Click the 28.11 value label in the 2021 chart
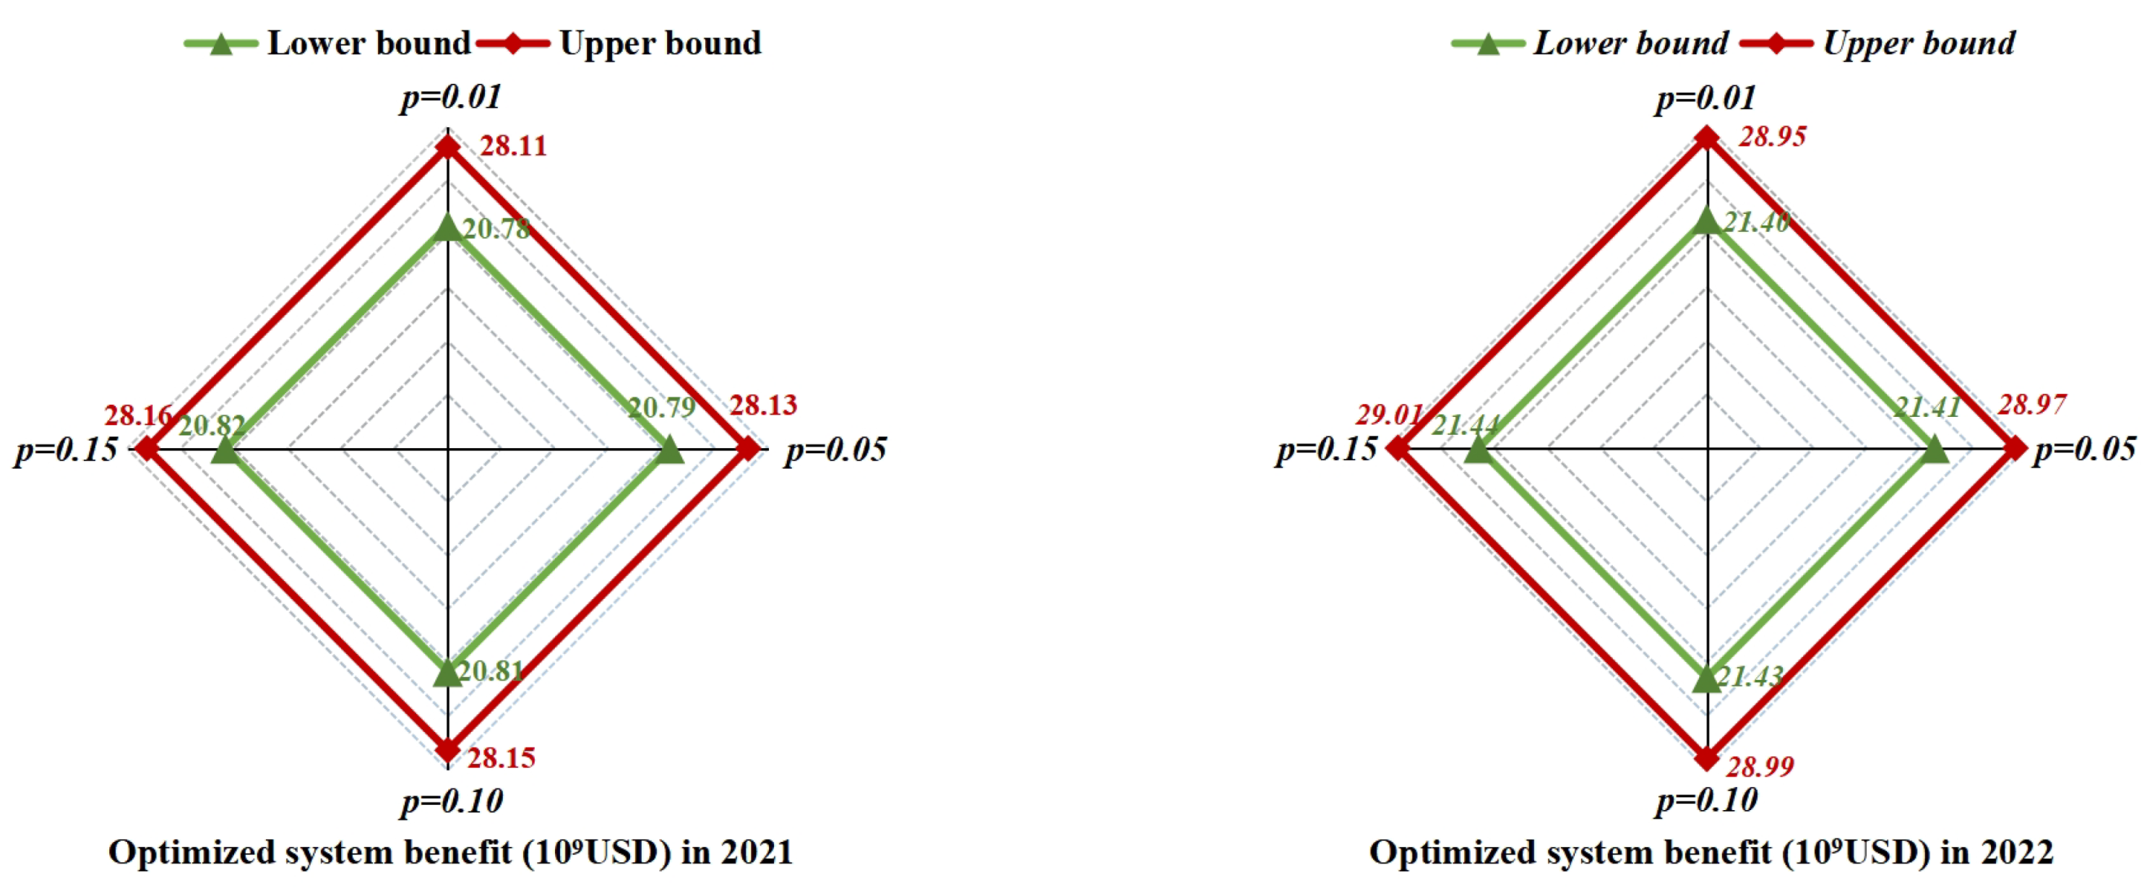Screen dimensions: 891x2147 pyautogui.click(x=513, y=146)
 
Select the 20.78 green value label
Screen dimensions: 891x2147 pyautogui.click(x=496, y=228)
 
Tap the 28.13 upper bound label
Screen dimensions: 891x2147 pyautogui.click(x=763, y=405)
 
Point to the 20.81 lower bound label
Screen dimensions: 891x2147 pyautogui.click(x=490, y=671)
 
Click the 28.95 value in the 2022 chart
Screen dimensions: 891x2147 pyautogui.click(x=1772, y=137)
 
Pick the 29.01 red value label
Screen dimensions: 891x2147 pyautogui.click(x=1388, y=414)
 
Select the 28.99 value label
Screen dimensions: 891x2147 pyautogui.click(x=1760, y=766)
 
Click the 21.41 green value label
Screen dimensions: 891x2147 pyautogui.click(x=1926, y=407)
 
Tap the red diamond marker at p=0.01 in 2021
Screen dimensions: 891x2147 pyautogui.click(x=448, y=147)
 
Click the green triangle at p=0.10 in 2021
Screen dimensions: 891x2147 pyautogui.click(x=448, y=672)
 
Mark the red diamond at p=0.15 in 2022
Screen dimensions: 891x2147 pyautogui.click(x=1398, y=449)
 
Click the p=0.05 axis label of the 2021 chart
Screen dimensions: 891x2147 pyautogui.click(x=835, y=449)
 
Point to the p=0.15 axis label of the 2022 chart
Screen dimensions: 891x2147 pyautogui.click(x=1325, y=449)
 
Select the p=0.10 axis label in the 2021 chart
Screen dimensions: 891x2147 pyautogui.click(x=452, y=801)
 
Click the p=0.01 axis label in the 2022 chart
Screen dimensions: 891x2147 pyautogui.click(x=1705, y=98)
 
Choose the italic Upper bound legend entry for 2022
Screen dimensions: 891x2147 pyautogui.click(x=1919, y=43)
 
